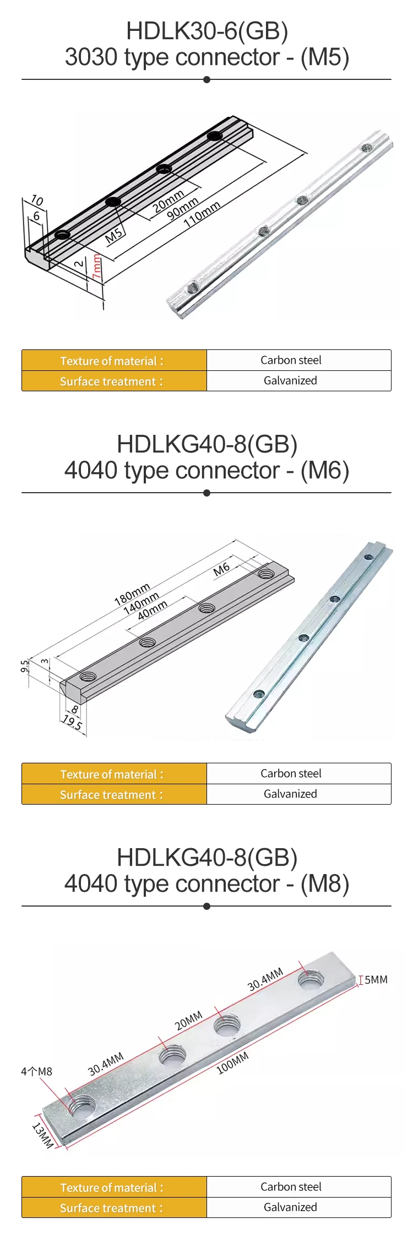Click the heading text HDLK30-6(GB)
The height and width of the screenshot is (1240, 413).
(207, 31)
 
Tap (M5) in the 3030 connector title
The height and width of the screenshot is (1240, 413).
(324, 57)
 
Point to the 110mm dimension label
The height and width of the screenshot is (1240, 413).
(202, 214)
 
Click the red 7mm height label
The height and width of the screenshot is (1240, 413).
(97, 267)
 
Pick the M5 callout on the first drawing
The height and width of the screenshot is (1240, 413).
(114, 236)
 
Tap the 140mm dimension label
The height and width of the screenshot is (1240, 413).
(141, 603)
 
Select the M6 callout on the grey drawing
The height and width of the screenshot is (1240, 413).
(221, 569)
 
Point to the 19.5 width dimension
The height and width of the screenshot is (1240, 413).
(72, 722)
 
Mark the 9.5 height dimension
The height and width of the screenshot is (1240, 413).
(24, 666)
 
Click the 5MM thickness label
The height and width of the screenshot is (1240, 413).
(376, 979)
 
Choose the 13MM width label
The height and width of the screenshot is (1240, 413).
(42, 1136)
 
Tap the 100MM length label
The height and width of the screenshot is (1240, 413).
(232, 1063)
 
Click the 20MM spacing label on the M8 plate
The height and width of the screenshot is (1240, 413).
(189, 1021)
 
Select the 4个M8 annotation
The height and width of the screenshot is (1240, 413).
(36, 1071)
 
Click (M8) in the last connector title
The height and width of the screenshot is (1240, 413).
(324, 884)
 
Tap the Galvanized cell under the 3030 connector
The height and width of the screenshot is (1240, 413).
(290, 381)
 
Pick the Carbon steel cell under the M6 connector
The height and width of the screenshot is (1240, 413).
(290, 773)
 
